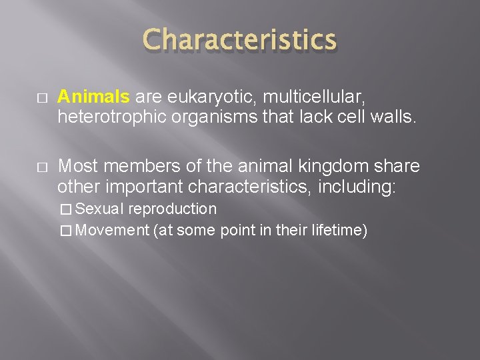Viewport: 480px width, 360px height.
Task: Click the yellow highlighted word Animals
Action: [x=93, y=97]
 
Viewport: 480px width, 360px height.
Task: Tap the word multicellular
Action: [x=308, y=97]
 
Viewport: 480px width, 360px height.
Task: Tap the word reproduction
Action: [x=173, y=209]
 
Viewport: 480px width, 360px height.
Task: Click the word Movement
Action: [x=113, y=231]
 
